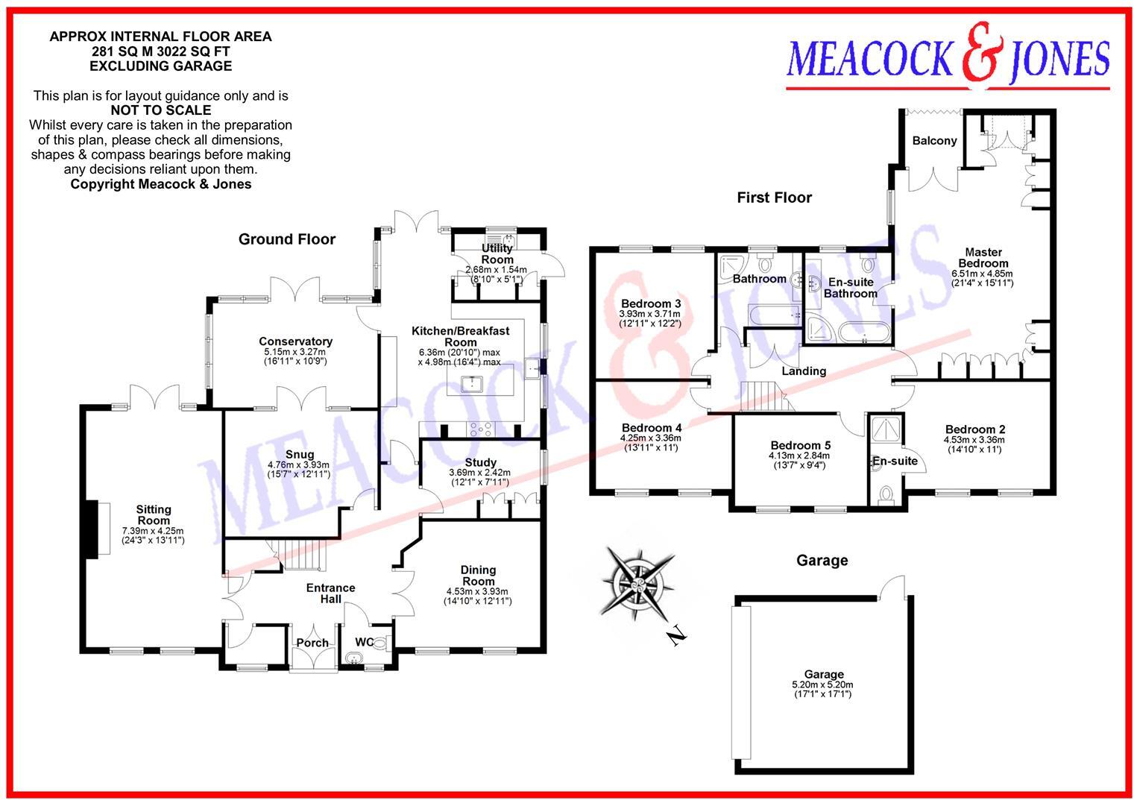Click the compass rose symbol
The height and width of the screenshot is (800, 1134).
(x=637, y=584)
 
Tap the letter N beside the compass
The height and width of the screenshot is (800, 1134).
(x=676, y=635)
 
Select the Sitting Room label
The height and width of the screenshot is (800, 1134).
(x=154, y=515)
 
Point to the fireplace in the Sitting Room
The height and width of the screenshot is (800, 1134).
(x=98, y=529)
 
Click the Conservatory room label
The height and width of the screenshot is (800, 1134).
(x=296, y=341)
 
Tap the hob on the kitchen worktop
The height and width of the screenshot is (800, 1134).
(x=481, y=429)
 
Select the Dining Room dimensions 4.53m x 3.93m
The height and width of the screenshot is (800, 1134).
(x=477, y=591)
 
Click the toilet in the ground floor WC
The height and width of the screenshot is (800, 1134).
(x=380, y=643)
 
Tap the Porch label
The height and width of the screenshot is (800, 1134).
(x=312, y=643)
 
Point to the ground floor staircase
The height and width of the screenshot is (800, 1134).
(x=299, y=555)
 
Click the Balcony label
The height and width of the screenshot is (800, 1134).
(x=934, y=141)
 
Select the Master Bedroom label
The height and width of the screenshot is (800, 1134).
(x=983, y=258)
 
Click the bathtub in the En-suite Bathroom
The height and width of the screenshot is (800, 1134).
(x=864, y=333)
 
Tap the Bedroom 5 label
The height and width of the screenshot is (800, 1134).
(x=801, y=445)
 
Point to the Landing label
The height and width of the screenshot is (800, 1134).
(x=804, y=371)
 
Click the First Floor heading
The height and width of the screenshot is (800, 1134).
(x=775, y=198)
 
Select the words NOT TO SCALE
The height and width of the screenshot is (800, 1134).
(x=161, y=110)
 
